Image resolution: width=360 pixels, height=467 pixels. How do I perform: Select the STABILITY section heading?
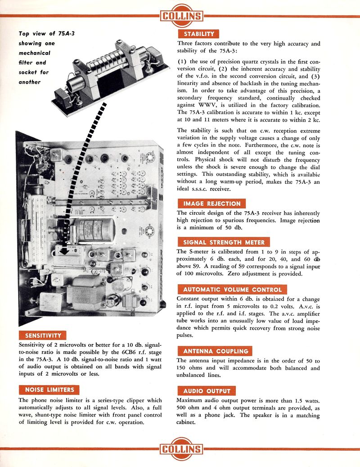click(198, 34)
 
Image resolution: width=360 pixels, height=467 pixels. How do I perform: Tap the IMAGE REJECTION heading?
click(211, 204)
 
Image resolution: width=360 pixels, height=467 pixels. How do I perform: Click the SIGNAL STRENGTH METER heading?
click(224, 242)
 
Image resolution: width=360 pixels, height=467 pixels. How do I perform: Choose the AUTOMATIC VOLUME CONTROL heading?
click(232, 289)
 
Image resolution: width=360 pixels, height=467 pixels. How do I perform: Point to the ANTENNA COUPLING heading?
click(215, 351)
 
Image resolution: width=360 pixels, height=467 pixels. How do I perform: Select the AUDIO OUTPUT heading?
click(206, 390)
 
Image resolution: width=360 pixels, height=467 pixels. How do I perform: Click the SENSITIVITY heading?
click(43, 335)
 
